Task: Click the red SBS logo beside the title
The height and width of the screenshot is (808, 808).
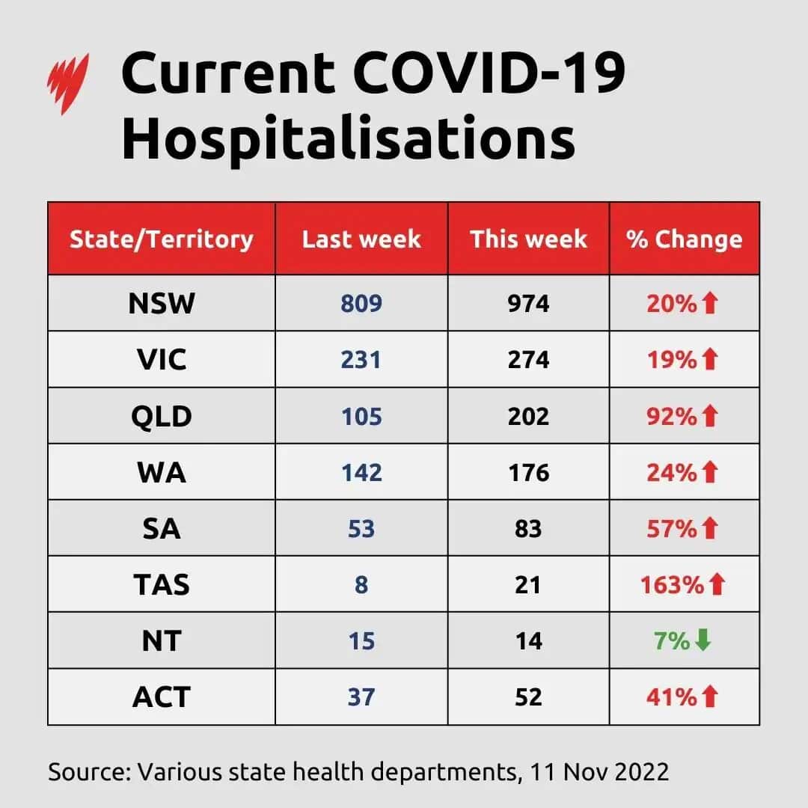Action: click(68, 84)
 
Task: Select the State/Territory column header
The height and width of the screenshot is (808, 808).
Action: click(161, 239)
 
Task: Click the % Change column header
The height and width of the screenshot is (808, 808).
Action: click(685, 239)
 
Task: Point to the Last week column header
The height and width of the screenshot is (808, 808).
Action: click(361, 239)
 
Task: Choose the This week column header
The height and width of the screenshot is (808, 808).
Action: click(528, 239)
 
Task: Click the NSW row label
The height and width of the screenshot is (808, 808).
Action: click(162, 303)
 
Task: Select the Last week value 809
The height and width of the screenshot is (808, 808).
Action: click(361, 303)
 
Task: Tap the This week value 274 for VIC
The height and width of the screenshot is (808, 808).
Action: click(528, 360)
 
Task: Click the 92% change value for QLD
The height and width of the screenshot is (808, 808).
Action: click(671, 416)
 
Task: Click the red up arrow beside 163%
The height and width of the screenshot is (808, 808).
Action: click(717, 584)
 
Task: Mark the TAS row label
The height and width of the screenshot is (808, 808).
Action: click(162, 584)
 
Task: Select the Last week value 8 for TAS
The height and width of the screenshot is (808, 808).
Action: click(361, 584)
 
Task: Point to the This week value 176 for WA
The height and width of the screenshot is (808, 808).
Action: click(528, 472)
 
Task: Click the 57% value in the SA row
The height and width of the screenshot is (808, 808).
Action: click(671, 528)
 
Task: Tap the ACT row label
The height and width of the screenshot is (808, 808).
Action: click(162, 697)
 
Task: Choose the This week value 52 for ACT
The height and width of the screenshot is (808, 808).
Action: click(528, 697)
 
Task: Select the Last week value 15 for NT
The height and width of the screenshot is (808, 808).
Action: click(361, 640)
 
